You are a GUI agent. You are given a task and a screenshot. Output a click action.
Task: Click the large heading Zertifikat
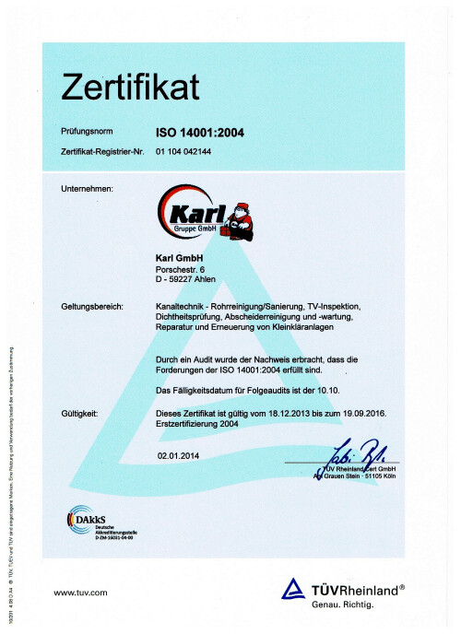click(129, 88)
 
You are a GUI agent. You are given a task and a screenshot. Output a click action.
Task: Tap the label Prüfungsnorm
click(87, 134)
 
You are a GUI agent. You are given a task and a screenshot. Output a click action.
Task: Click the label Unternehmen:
click(87, 189)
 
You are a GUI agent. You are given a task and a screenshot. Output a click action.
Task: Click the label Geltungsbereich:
click(92, 305)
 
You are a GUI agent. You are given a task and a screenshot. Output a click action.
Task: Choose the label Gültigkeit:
click(79, 414)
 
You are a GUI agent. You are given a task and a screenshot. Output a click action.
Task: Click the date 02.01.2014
click(179, 455)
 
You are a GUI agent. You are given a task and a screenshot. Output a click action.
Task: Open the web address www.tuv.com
click(81, 591)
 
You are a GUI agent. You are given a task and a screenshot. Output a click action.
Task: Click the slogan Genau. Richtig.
click(341, 605)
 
